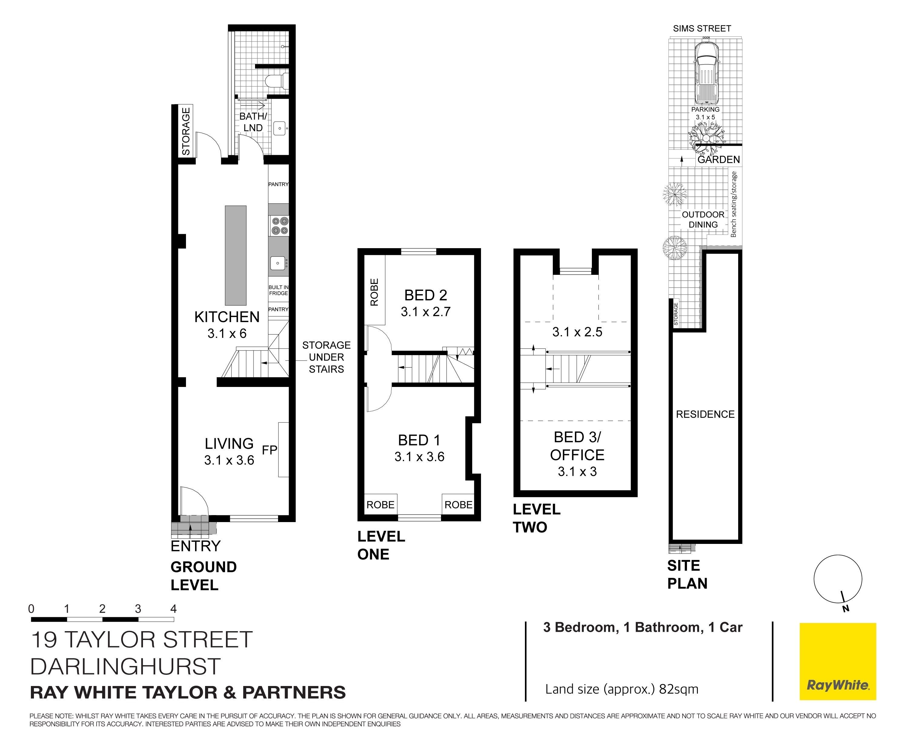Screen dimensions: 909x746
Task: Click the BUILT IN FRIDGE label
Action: tap(278, 290)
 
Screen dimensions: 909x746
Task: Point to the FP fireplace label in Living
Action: tap(269, 450)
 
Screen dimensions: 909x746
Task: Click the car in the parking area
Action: tap(707, 73)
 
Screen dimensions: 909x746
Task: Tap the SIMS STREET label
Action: tap(702, 28)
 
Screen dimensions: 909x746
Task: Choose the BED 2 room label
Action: tap(426, 295)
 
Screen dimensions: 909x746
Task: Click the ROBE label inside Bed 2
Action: tap(374, 292)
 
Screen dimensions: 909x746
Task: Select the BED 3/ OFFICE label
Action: tap(577, 446)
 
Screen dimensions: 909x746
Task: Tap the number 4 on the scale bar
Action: tap(174, 608)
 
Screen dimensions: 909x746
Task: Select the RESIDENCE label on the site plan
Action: tap(705, 414)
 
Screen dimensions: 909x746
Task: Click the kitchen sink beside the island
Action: tap(278, 263)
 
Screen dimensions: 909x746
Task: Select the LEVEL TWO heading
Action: tap(536, 518)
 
